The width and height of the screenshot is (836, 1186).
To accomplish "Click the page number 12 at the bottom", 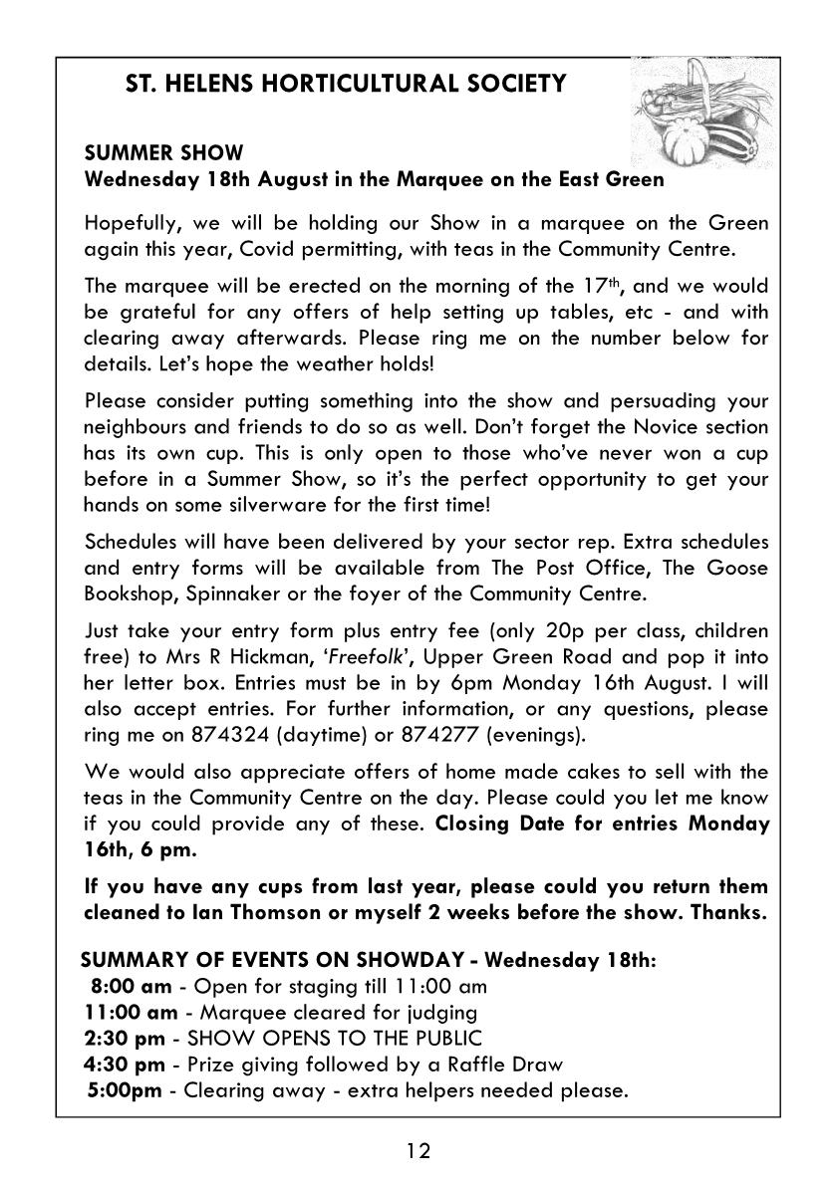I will [418, 1152].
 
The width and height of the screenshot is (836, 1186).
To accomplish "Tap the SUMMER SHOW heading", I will [163, 154].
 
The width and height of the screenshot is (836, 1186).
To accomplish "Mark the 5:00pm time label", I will [126, 1089].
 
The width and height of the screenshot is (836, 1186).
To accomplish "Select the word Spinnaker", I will [257, 594].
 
